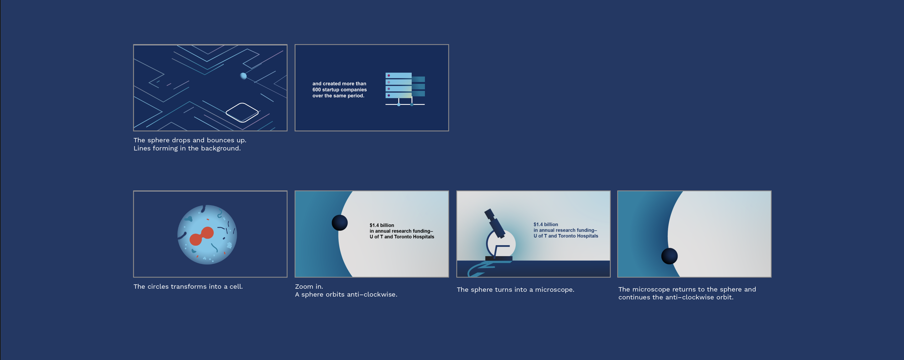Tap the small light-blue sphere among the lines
click(243, 76)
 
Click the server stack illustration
click(405, 89)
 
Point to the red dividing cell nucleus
click(202, 236)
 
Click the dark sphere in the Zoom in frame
click(340, 223)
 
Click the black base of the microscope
click(499, 258)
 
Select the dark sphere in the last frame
click(669, 256)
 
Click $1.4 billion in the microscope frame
click(546, 224)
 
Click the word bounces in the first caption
click(220, 140)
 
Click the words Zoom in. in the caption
click(309, 286)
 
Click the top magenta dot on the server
click(389, 75)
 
